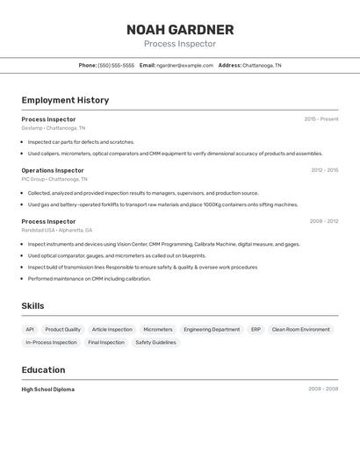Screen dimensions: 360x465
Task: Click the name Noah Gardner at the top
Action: coord(180,30)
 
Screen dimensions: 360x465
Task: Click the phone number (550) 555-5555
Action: coord(116,65)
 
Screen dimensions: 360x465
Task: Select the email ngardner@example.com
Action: coord(184,65)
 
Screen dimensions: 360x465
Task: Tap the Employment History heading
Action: coord(65,100)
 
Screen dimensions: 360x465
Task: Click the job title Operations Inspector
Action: coord(53,170)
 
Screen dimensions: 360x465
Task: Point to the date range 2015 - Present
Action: coord(320,119)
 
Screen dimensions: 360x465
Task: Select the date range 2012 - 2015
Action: coord(324,170)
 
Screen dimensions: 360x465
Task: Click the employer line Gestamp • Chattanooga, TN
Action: coord(54,128)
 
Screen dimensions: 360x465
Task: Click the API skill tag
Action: coord(30,330)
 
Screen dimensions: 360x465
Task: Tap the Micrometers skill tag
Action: coord(158,330)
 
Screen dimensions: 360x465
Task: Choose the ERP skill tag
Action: coord(256,330)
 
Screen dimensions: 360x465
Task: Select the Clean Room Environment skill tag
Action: coord(301,330)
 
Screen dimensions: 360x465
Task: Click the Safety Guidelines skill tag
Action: coord(155,343)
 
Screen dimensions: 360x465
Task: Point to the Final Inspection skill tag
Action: coord(106,343)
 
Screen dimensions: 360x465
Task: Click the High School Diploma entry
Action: coord(48,389)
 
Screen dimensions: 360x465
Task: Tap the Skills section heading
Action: coord(32,306)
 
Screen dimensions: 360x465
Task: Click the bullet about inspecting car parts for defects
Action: coord(81,141)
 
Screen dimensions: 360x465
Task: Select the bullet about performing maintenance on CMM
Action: coord(89,279)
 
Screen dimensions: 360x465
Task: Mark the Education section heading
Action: coord(43,369)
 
